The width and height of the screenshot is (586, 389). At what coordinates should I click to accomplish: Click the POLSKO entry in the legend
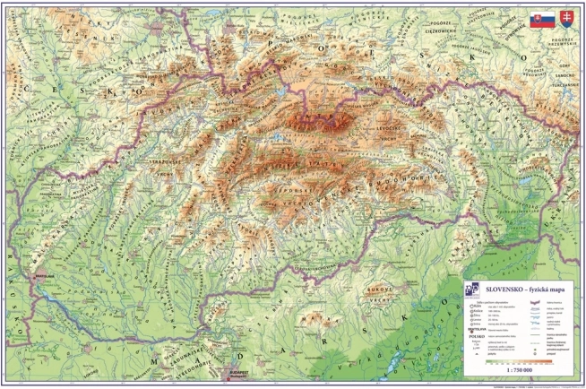point(475,336)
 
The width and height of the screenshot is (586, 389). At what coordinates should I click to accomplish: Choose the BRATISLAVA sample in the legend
point(475,328)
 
